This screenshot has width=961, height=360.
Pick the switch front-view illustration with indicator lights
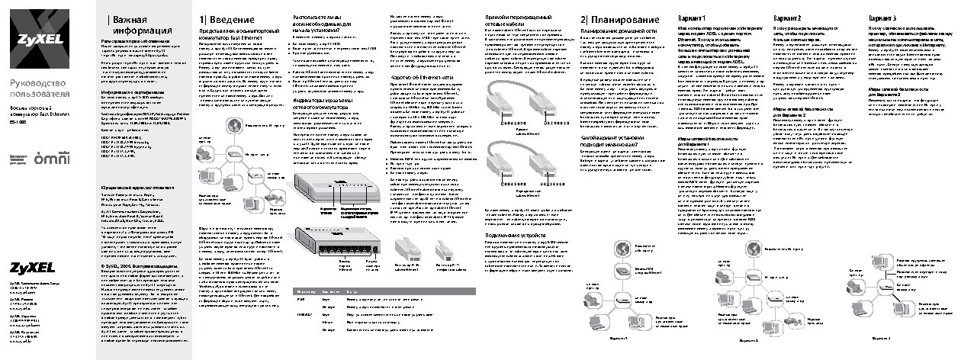tap(339, 188)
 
